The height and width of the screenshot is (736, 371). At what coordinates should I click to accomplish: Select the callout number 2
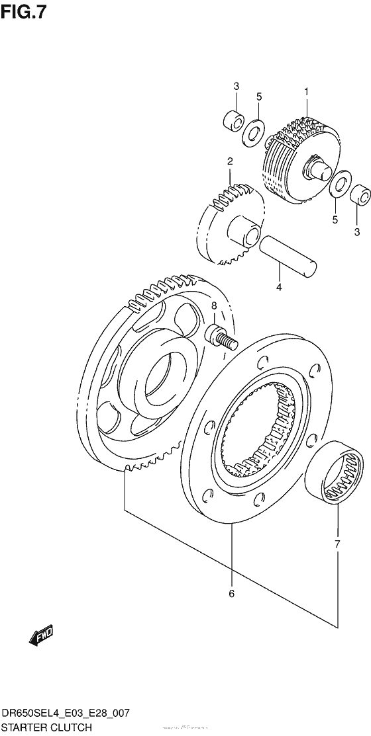click(229, 161)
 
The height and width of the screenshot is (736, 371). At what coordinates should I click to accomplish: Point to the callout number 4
click(279, 287)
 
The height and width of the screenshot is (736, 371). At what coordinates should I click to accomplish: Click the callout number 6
click(231, 594)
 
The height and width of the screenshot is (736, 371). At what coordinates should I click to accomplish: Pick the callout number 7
click(337, 544)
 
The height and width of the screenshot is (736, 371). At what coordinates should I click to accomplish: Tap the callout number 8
click(214, 306)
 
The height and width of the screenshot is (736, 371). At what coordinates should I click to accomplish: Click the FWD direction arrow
click(40, 636)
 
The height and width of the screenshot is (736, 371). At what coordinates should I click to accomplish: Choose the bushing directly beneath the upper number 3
click(233, 121)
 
